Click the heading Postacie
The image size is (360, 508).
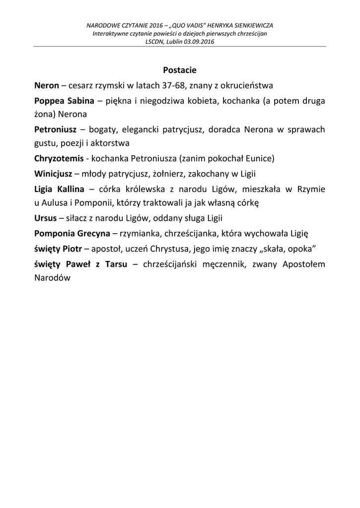click(x=180, y=70)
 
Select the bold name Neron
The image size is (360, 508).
click(x=47, y=85)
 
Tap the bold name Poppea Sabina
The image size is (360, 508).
click(x=64, y=101)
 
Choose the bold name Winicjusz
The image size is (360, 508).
click(x=53, y=174)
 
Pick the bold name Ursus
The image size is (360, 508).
click(x=45, y=218)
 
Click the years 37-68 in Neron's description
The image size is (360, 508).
click(x=170, y=85)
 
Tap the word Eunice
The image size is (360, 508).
click(x=259, y=159)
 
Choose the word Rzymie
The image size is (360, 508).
click(x=311, y=189)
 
